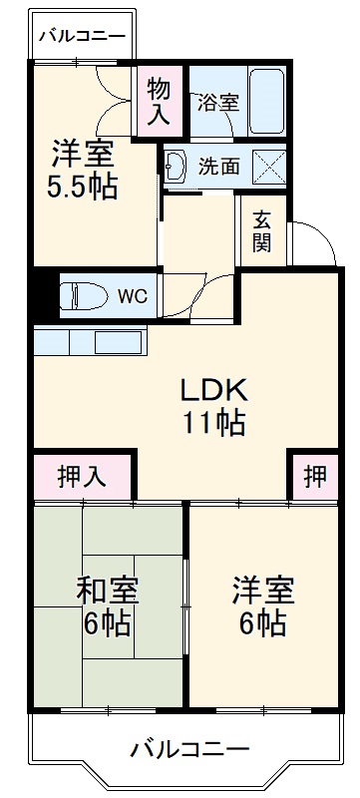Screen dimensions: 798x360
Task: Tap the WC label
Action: click(x=133, y=295)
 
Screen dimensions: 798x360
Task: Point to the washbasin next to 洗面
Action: click(x=178, y=166)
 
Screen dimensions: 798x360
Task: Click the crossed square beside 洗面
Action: click(x=267, y=165)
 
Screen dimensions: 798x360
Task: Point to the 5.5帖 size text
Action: click(x=84, y=186)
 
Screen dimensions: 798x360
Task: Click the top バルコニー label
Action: click(x=82, y=37)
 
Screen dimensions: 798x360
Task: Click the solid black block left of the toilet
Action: click(x=42, y=294)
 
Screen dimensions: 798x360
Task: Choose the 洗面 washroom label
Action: click(x=219, y=166)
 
